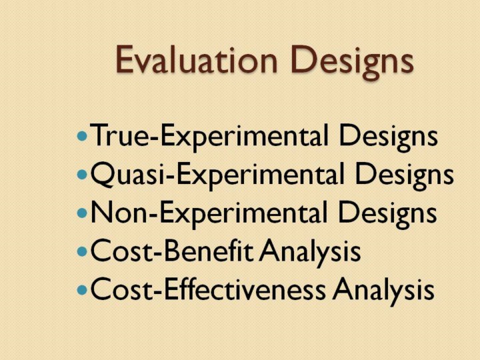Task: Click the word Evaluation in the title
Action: (x=197, y=59)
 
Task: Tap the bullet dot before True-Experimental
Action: (x=82, y=135)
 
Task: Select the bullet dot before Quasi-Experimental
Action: (x=82, y=175)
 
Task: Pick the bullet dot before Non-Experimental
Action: (x=82, y=213)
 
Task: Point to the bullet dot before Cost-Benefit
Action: (x=82, y=251)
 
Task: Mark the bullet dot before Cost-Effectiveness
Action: (x=82, y=290)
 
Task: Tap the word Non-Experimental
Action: (x=209, y=214)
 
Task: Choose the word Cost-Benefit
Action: (x=172, y=251)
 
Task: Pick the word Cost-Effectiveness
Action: (x=208, y=289)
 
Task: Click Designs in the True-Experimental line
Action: (x=388, y=137)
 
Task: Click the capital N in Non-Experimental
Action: (x=101, y=213)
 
